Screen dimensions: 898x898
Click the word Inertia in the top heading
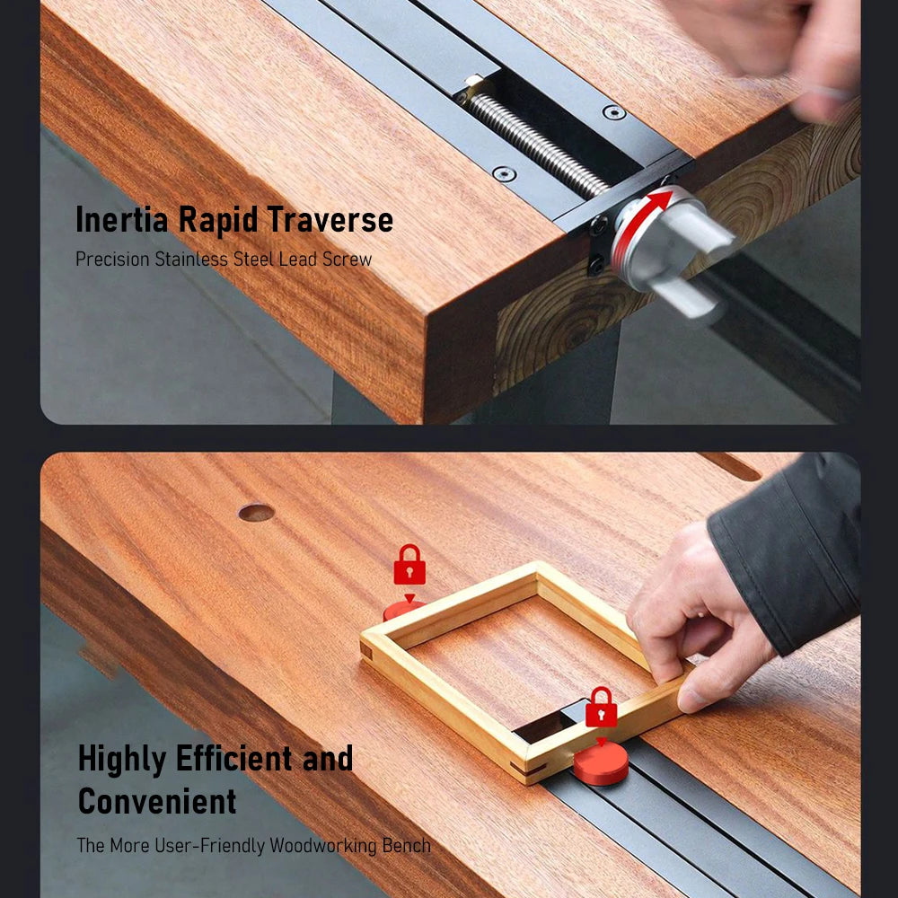pos(122,219)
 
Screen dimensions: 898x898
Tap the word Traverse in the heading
pos(330,220)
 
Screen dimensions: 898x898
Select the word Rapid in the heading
pos(217,221)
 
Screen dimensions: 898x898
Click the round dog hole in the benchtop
pos(256,512)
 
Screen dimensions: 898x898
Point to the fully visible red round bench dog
pos(601,764)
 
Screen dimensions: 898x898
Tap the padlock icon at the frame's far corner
pos(409,565)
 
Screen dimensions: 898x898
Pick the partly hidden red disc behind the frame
pos(401,610)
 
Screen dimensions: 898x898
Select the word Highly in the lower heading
pos(122,760)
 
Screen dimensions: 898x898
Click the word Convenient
pos(157,801)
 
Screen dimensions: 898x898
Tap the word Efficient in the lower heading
pos(234,758)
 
